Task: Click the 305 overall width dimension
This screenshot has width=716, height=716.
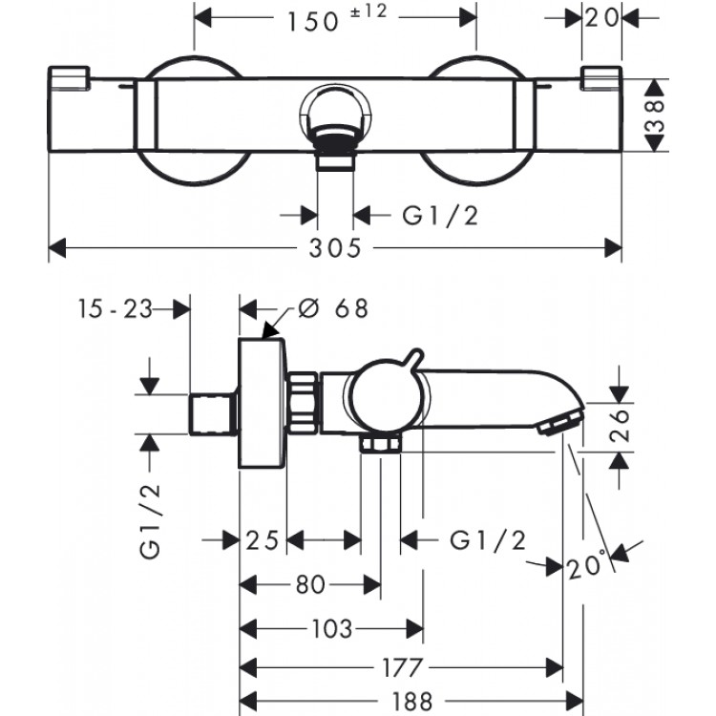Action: [x=335, y=249]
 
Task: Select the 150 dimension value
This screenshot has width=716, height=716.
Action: [x=315, y=19]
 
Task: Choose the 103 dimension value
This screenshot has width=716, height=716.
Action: [x=332, y=628]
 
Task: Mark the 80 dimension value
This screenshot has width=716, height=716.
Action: [x=309, y=583]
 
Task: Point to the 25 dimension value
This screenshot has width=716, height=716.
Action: [x=263, y=541]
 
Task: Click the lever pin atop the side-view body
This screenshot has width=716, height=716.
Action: [x=412, y=357]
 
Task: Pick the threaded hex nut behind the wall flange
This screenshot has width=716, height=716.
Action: [x=301, y=402]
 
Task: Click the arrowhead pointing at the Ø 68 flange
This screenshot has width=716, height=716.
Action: [x=270, y=331]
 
